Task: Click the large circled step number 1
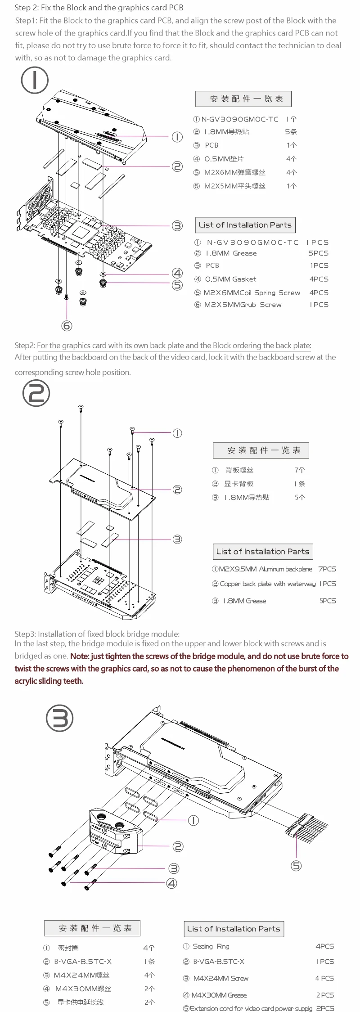pyautogui.click(x=35, y=80)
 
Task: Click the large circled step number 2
pyautogui.click(x=36, y=393)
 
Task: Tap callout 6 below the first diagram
pyautogui.click(x=67, y=325)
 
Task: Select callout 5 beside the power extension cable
pyautogui.click(x=296, y=865)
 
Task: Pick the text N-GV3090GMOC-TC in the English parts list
pyautogui.click(x=252, y=242)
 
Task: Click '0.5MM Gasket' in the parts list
pyautogui.click(x=230, y=279)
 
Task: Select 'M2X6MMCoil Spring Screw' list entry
pyautogui.click(x=252, y=292)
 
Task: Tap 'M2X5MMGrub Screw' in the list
pyautogui.click(x=243, y=305)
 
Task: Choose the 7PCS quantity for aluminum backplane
pyautogui.click(x=327, y=569)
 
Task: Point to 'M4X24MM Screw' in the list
pyautogui.click(x=220, y=978)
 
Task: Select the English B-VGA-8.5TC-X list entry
pyautogui.click(x=219, y=962)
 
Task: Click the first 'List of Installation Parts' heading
pyautogui.click(x=245, y=225)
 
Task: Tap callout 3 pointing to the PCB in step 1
pyautogui.click(x=177, y=225)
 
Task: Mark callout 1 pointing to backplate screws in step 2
pyautogui.click(x=177, y=433)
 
